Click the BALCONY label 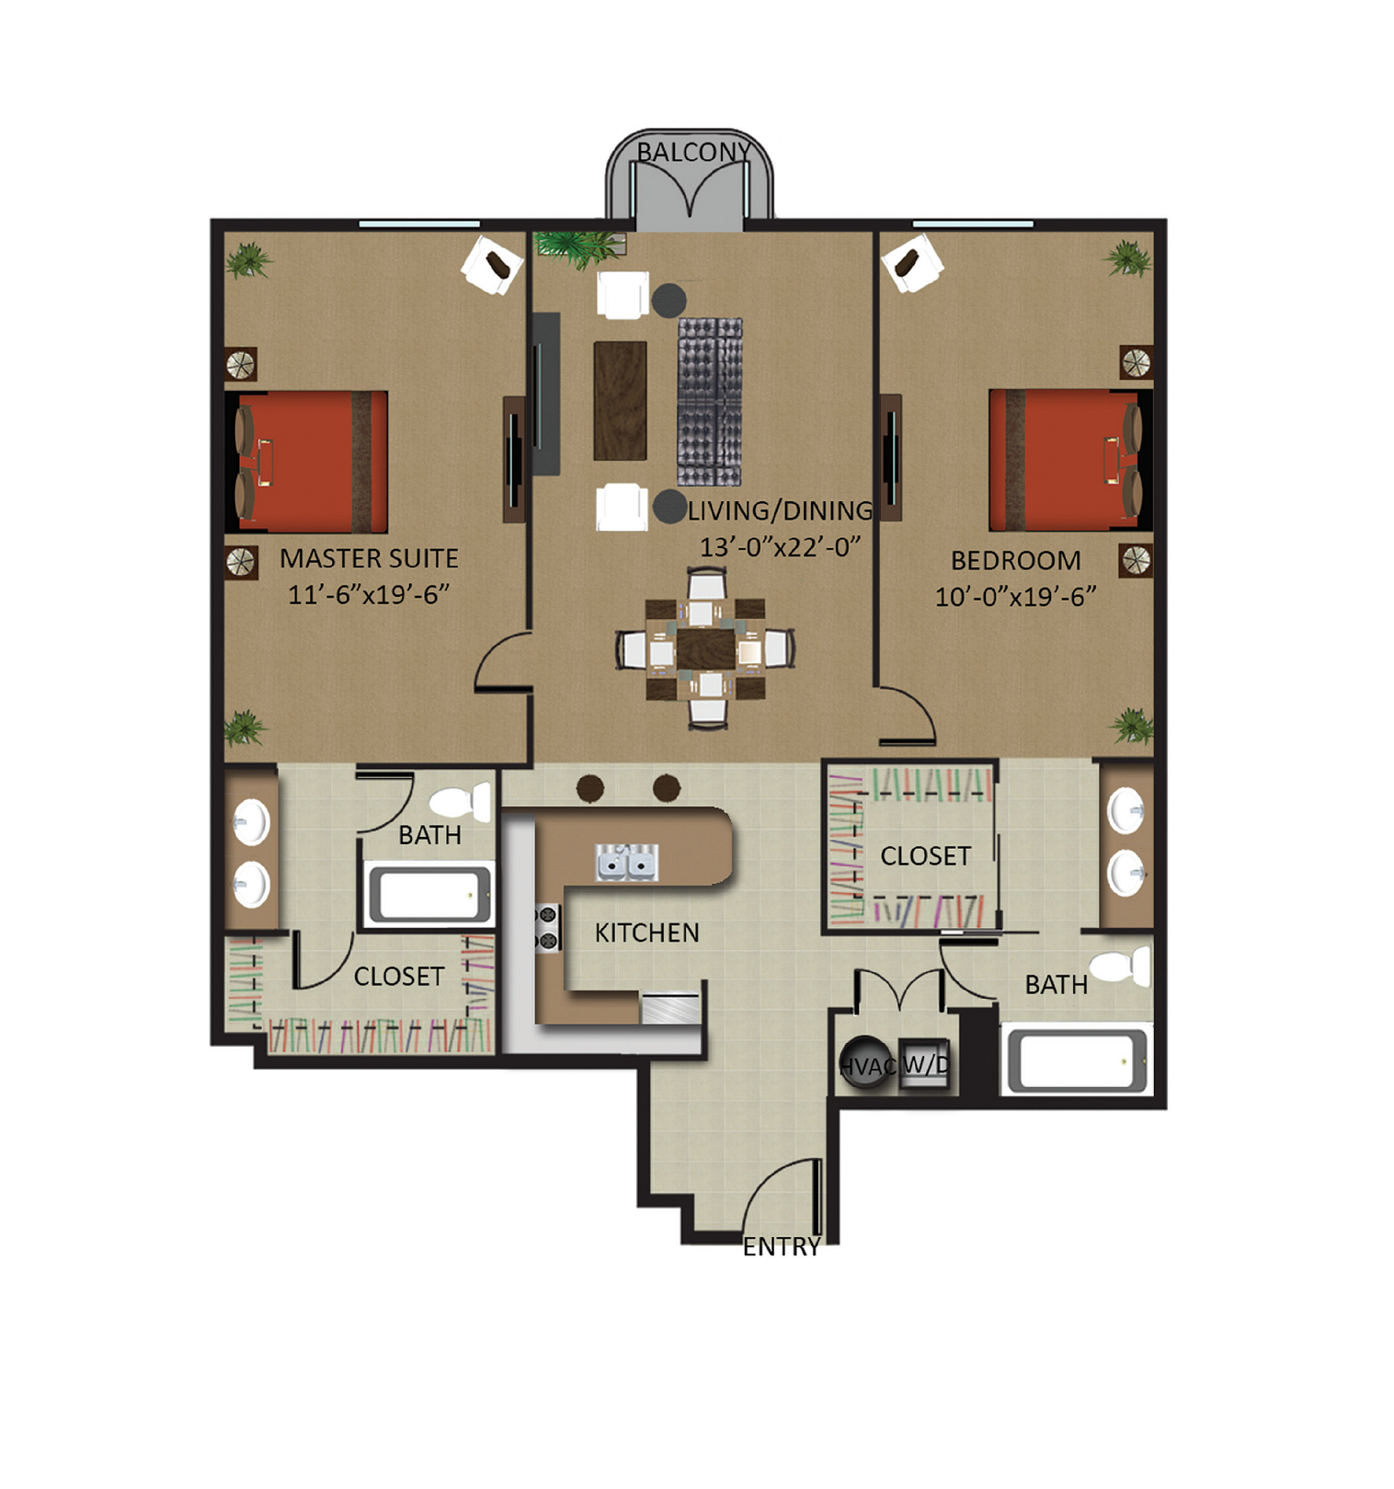click(693, 152)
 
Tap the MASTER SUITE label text click(369, 558)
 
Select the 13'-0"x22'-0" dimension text click(780, 547)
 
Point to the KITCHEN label click(646, 933)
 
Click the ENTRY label click(781, 1246)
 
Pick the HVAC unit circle click(864, 1063)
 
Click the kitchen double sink click(626, 863)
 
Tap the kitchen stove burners click(547, 927)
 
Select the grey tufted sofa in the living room click(710, 401)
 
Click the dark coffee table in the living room click(620, 400)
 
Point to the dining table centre click(705, 648)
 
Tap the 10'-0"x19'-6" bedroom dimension click(1015, 597)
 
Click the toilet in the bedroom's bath click(1121, 967)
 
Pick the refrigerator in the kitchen click(670, 1008)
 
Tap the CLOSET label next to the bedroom click(925, 856)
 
